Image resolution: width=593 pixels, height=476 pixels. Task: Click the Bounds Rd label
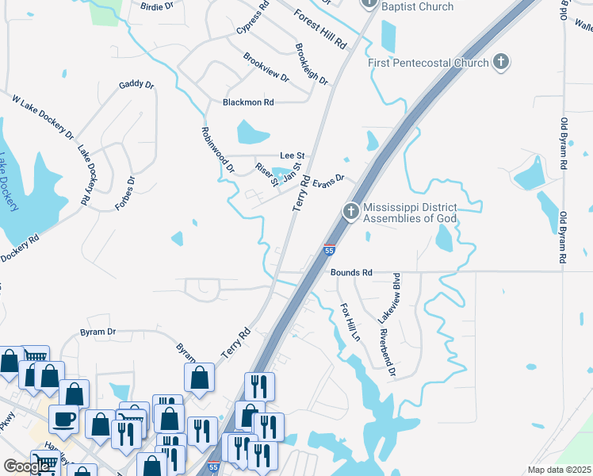pos(351,272)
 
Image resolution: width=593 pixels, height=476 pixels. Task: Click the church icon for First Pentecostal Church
pos(500,62)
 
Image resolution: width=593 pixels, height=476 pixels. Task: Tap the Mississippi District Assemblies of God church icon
pos(350,212)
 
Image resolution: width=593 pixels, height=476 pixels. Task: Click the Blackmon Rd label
pos(248,102)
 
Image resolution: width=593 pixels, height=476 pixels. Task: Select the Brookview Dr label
pos(266,67)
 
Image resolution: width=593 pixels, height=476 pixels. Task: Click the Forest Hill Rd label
pos(320,28)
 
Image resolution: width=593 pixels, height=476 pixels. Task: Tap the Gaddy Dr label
pos(136,85)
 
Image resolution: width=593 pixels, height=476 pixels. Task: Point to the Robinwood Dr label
pos(218,150)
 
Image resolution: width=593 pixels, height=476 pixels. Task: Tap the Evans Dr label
pos(329,182)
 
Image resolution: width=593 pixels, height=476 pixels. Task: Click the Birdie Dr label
pos(156,6)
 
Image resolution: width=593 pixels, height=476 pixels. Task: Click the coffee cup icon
pos(63,418)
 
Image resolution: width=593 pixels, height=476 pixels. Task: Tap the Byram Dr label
pos(98,332)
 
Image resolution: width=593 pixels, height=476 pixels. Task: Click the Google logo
pos(27,467)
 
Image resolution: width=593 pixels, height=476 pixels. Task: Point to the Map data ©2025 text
pos(559,470)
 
